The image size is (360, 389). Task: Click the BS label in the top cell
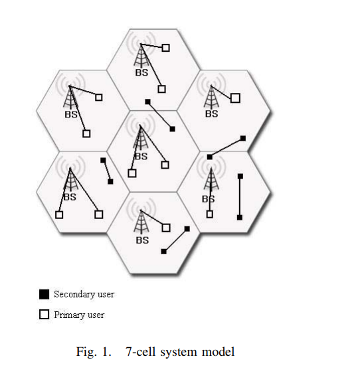(x=141, y=72)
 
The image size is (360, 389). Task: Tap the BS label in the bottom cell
(x=143, y=240)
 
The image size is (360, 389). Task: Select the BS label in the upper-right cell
(x=212, y=114)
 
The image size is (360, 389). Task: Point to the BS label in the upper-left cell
(x=71, y=114)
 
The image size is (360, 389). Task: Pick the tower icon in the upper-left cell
(x=70, y=97)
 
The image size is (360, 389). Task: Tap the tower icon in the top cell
(x=141, y=56)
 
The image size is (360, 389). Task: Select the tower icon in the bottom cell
(x=141, y=222)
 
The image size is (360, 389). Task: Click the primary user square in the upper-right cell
(x=235, y=98)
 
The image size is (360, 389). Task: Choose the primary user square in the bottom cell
(x=166, y=228)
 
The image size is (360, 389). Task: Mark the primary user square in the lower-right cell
(x=210, y=214)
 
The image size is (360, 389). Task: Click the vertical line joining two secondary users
(x=240, y=197)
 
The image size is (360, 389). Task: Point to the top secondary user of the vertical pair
(x=240, y=176)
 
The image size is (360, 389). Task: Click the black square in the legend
(x=45, y=294)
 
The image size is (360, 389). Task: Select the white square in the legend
(x=45, y=315)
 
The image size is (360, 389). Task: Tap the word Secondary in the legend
(x=74, y=294)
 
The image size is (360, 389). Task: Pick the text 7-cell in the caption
(x=141, y=352)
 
